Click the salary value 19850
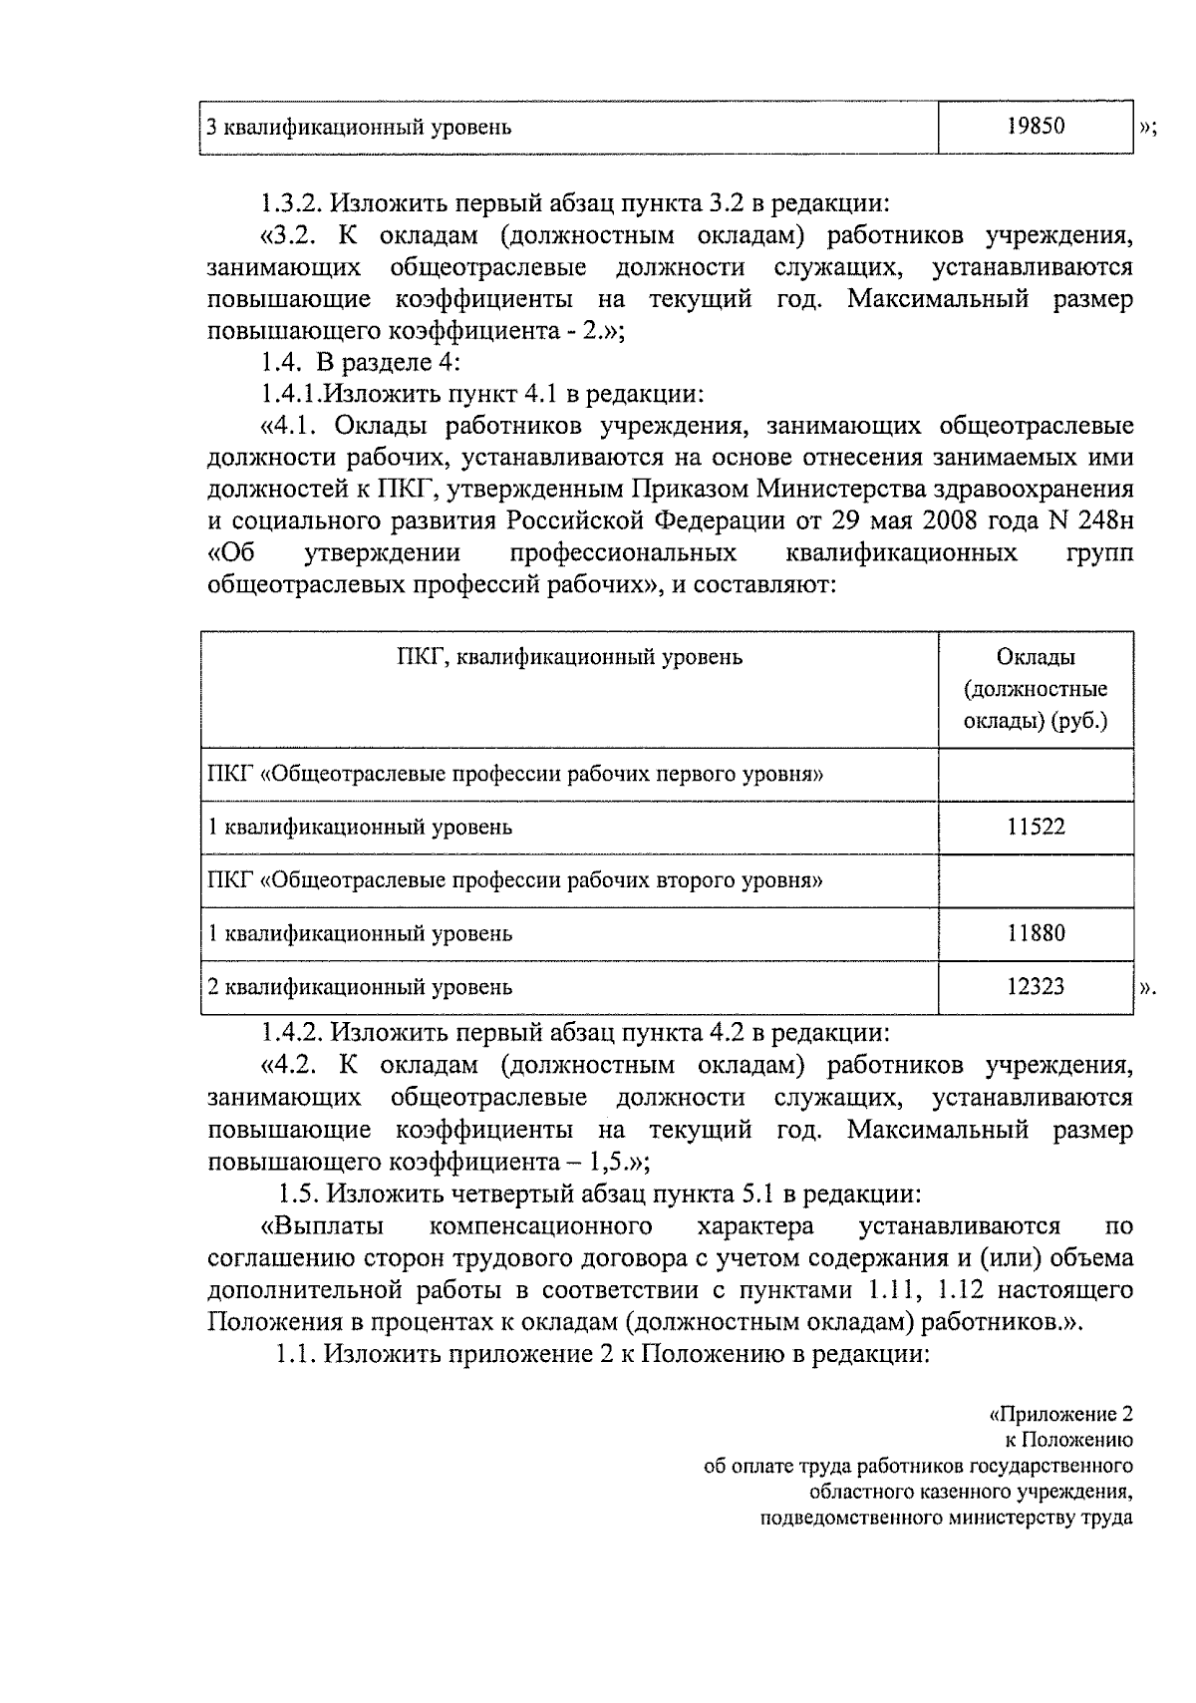point(1036,126)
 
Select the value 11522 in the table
point(1036,827)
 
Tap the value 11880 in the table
point(1036,933)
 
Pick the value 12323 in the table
point(1036,986)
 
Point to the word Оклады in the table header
point(1036,657)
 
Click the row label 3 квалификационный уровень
point(359,127)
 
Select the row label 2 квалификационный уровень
point(359,987)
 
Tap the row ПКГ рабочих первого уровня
point(514,774)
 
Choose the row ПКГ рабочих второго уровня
point(514,880)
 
